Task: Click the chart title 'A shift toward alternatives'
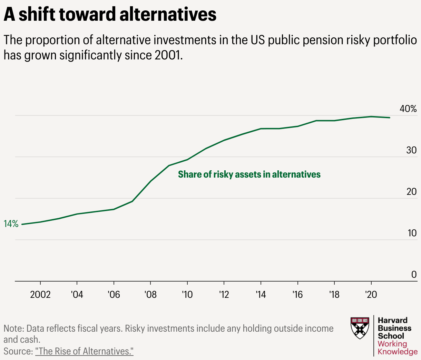[110, 15]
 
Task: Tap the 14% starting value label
[11, 224]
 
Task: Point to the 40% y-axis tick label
[408, 109]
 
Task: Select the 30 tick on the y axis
[411, 150]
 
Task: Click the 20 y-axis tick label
[411, 192]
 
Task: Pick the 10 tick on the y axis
[412, 233]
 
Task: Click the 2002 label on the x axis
[40, 295]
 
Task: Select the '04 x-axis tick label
[77, 295]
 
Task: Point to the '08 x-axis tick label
[150, 295]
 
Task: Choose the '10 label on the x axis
[187, 295]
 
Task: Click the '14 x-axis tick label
[261, 295]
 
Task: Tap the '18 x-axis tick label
[334, 295]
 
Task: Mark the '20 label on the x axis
[371, 295]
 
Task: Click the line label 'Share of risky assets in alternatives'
[249, 174]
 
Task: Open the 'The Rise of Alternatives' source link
[84, 351]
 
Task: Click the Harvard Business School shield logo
[360, 328]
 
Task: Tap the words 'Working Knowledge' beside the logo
[397, 348]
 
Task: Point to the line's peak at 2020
[371, 116]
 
